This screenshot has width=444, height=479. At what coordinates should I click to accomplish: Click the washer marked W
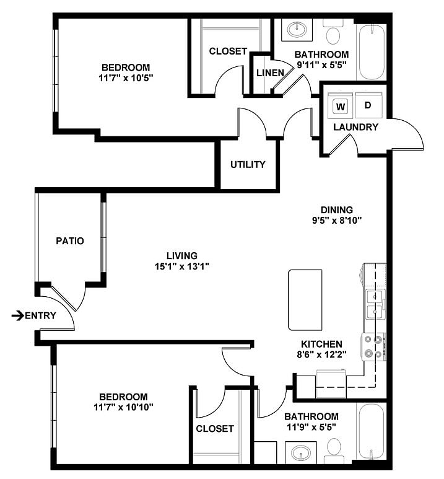[341, 106]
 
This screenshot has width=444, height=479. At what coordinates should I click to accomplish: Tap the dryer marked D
[368, 105]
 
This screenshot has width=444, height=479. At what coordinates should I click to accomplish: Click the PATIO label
[69, 240]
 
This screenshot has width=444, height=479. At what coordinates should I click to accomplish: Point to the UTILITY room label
[248, 164]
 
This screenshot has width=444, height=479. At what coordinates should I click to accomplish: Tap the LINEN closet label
[270, 73]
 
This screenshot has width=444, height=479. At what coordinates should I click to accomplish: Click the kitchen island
[305, 300]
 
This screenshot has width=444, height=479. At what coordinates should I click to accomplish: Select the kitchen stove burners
[375, 347]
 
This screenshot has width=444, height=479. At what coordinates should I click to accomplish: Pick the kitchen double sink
[375, 304]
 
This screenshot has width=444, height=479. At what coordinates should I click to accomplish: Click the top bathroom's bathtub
[372, 51]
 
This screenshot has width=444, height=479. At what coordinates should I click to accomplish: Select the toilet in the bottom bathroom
[334, 448]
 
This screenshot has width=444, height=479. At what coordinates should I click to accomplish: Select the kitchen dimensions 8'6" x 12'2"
[321, 355]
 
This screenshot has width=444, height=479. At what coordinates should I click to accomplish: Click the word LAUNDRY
[355, 127]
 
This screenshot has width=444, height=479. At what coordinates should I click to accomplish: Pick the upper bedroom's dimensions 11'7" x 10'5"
[126, 78]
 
